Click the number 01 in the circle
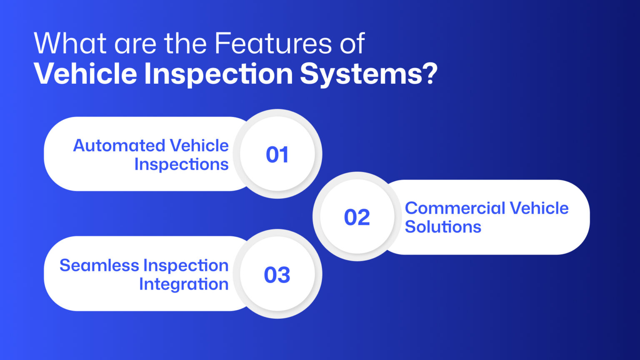click(277, 155)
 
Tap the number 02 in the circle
click(357, 217)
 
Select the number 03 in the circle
click(277, 275)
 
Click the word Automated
click(119, 146)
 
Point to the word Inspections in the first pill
click(181, 165)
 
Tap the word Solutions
click(443, 227)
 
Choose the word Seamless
click(99, 265)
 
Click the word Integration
click(184, 285)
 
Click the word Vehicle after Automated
click(199, 146)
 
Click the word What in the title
click(71, 43)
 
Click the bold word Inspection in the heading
click(219, 74)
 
